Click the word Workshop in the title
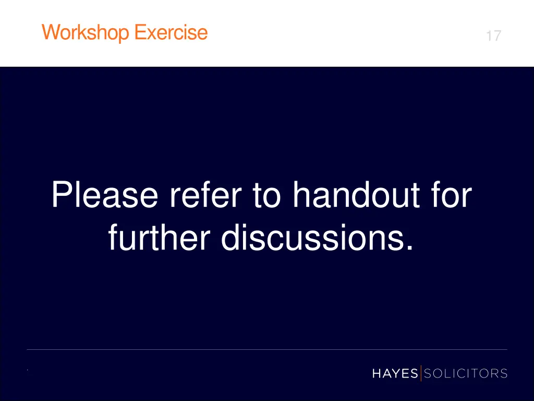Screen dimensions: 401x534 tap(87, 33)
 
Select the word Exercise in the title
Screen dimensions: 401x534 tap(171, 32)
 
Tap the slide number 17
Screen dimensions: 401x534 tap(493, 36)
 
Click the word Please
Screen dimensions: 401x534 tap(104, 195)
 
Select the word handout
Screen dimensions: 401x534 tap(357, 195)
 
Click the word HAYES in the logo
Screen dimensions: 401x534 tap(395, 373)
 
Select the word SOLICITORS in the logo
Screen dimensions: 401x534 tap(466, 373)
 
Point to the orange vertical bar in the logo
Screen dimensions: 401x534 tap(421, 373)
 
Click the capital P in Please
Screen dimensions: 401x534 tap(62, 195)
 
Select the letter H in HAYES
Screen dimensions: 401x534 tap(377, 373)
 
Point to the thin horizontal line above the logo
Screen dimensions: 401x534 tap(267, 349)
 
